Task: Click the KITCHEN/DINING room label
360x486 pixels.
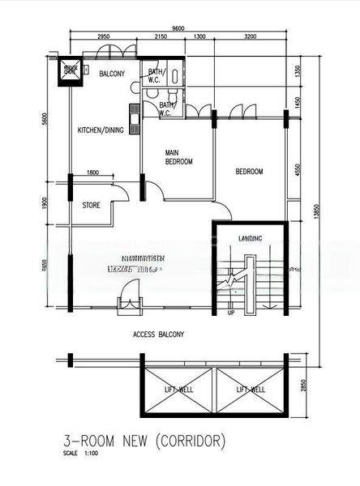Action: click(101, 130)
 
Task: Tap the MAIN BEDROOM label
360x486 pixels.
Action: click(178, 157)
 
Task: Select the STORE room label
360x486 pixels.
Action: click(91, 206)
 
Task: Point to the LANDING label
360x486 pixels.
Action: click(250, 237)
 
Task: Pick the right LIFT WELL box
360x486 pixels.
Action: click(251, 390)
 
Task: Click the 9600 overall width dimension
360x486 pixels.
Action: click(178, 28)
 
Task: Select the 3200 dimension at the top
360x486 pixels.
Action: click(249, 37)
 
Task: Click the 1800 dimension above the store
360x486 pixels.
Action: click(92, 172)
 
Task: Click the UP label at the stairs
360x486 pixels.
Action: click(231, 312)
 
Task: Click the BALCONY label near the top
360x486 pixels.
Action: click(112, 74)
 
